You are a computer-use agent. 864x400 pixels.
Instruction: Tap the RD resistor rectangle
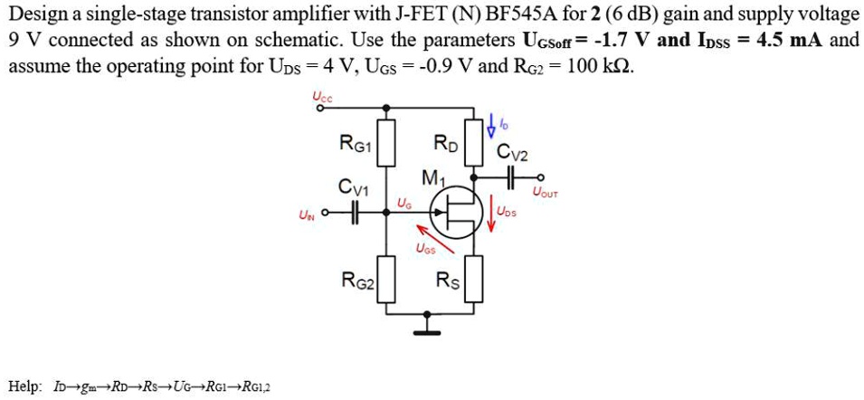click(x=470, y=142)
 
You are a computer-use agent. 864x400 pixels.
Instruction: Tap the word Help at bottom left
click(x=23, y=387)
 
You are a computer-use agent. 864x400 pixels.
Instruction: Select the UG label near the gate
click(x=403, y=205)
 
